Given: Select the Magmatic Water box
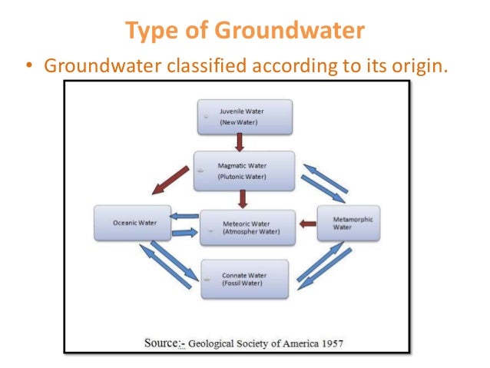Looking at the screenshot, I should (x=244, y=171).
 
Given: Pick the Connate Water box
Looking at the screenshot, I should (x=244, y=279).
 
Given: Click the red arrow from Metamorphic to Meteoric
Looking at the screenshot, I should (x=307, y=224).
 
